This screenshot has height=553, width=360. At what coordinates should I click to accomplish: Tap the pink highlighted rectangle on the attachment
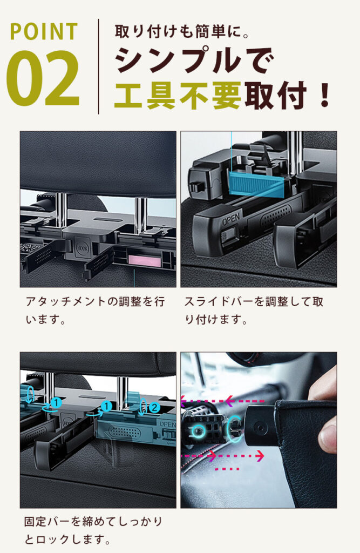click(144, 260)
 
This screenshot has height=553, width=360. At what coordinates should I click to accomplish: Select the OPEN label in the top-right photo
click(230, 221)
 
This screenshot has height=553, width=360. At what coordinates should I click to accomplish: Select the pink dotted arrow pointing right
click(224, 456)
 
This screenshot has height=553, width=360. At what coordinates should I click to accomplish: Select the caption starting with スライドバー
click(254, 311)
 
